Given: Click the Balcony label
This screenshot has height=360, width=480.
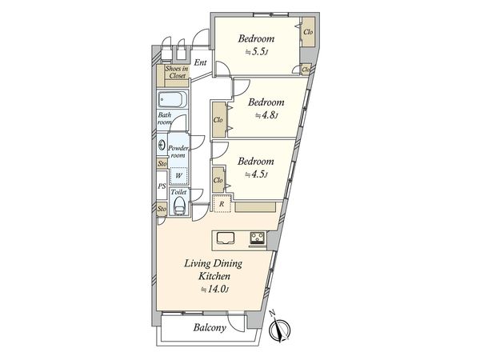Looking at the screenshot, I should pyautogui.click(x=210, y=327).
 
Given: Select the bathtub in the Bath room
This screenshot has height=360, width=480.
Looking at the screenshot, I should pyautogui.click(x=171, y=101).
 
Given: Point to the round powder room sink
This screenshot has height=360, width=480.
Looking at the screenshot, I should pyautogui.click(x=162, y=146).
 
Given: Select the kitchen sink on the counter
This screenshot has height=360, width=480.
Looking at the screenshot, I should pyautogui.click(x=224, y=237).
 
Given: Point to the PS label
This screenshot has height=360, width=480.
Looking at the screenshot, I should pyautogui.click(x=162, y=186).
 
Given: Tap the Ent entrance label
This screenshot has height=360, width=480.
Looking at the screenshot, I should pyautogui.click(x=200, y=62).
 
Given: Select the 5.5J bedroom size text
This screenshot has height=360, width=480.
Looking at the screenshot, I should pyautogui.click(x=257, y=52).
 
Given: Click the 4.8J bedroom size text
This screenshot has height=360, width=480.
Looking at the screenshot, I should pyautogui.click(x=266, y=115).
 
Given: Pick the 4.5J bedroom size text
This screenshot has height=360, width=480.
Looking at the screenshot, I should pyautogui.click(x=256, y=174).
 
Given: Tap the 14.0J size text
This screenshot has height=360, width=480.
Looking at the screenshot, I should pyautogui.click(x=214, y=289).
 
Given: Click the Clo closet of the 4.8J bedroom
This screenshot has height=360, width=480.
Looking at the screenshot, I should pyautogui.click(x=218, y=120).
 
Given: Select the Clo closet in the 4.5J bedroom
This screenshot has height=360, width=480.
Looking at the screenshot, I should pyautogui.click(x=218, y=180).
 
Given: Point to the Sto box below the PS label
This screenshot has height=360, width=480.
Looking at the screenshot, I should pyautogui.click(x=162, y=209).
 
